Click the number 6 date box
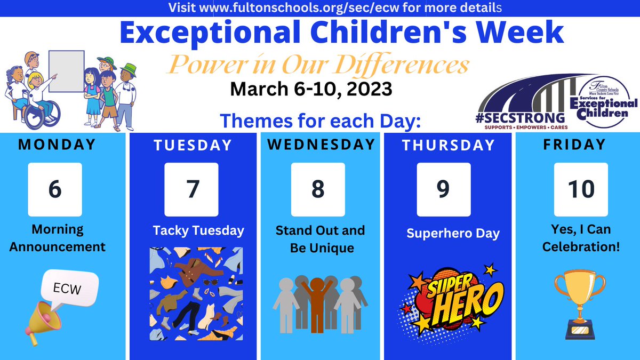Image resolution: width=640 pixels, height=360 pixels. tap(55, 189)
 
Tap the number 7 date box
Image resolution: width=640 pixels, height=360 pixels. tap(191, 189)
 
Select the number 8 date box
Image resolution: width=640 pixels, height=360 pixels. tap(318, 189)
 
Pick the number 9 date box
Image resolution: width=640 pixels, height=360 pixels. tap(444, 189)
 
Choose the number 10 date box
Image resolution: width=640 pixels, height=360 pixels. tap(581, 189)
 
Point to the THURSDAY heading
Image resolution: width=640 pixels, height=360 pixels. tap(449, 145)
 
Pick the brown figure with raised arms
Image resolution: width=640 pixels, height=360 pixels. tap(318, 299)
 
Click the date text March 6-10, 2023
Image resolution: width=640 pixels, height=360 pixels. tap(311, 89)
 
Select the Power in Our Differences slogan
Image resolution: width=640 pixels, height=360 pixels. tap(319, 66)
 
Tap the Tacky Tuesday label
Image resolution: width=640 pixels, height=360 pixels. tap(198, 230)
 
